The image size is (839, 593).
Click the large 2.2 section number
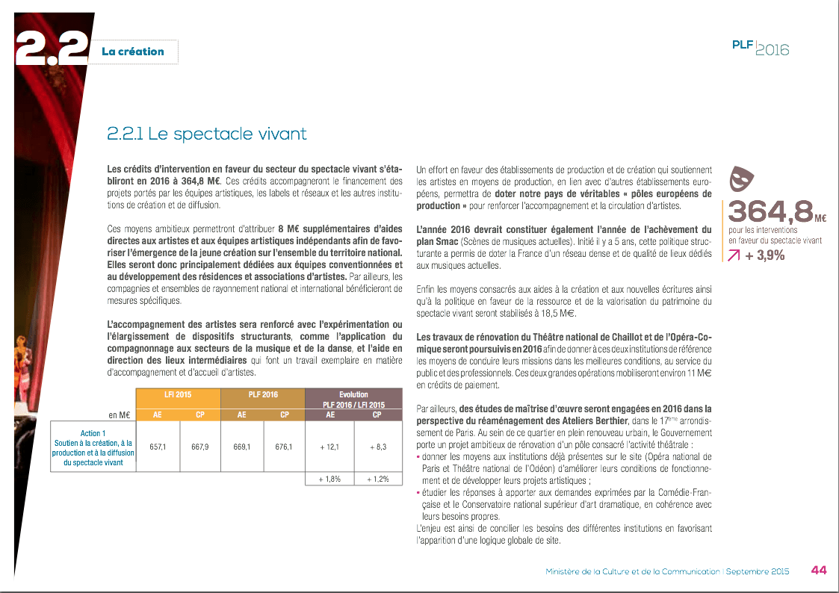pos(51,51)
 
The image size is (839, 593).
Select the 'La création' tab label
pos(133,52)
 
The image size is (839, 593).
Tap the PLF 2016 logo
pos(760,48)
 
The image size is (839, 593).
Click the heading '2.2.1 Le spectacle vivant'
pos(206,134)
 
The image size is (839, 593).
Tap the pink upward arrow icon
pos(734,256)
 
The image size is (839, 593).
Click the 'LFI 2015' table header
pos(178,394)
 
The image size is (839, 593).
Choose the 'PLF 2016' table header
pos(263,394)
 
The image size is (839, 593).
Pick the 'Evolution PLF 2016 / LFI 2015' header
pos(353,399)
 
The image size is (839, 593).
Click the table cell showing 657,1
pos(157,447)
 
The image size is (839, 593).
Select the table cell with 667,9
pos(199,447)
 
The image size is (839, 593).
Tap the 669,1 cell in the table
pos(241,447)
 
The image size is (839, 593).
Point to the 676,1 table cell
pos(284,447)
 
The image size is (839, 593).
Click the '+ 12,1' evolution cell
pos(329,447)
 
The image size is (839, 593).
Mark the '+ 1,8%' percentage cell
pos(329,479)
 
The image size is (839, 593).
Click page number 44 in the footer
pos(818,571)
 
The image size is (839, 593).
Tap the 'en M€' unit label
pos(120,415)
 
